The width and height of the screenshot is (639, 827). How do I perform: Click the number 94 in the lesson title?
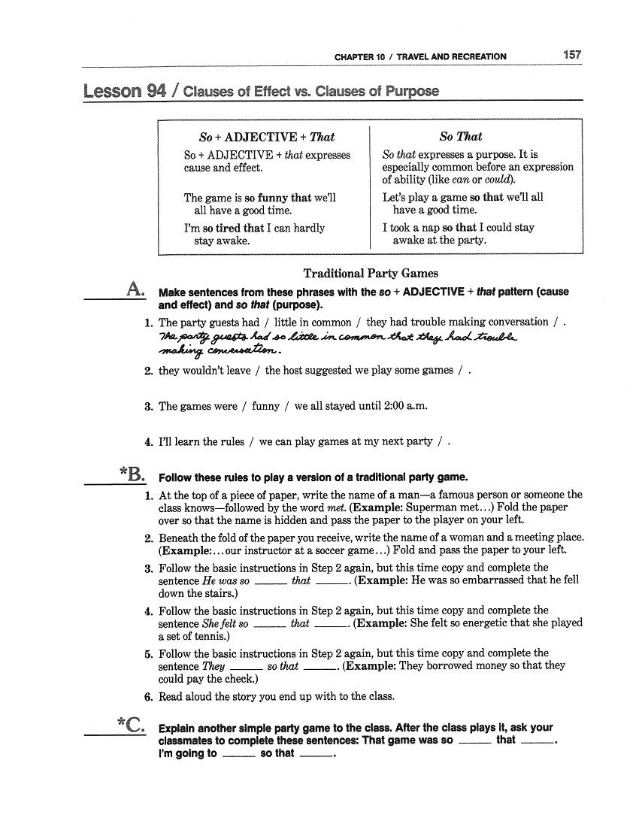(156, 92)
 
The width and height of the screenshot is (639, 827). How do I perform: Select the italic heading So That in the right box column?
(460, 137)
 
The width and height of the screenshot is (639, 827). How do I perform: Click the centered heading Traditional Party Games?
(371, 274)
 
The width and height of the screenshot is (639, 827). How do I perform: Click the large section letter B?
(135, 474)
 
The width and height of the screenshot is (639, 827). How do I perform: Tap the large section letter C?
(135, 725)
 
